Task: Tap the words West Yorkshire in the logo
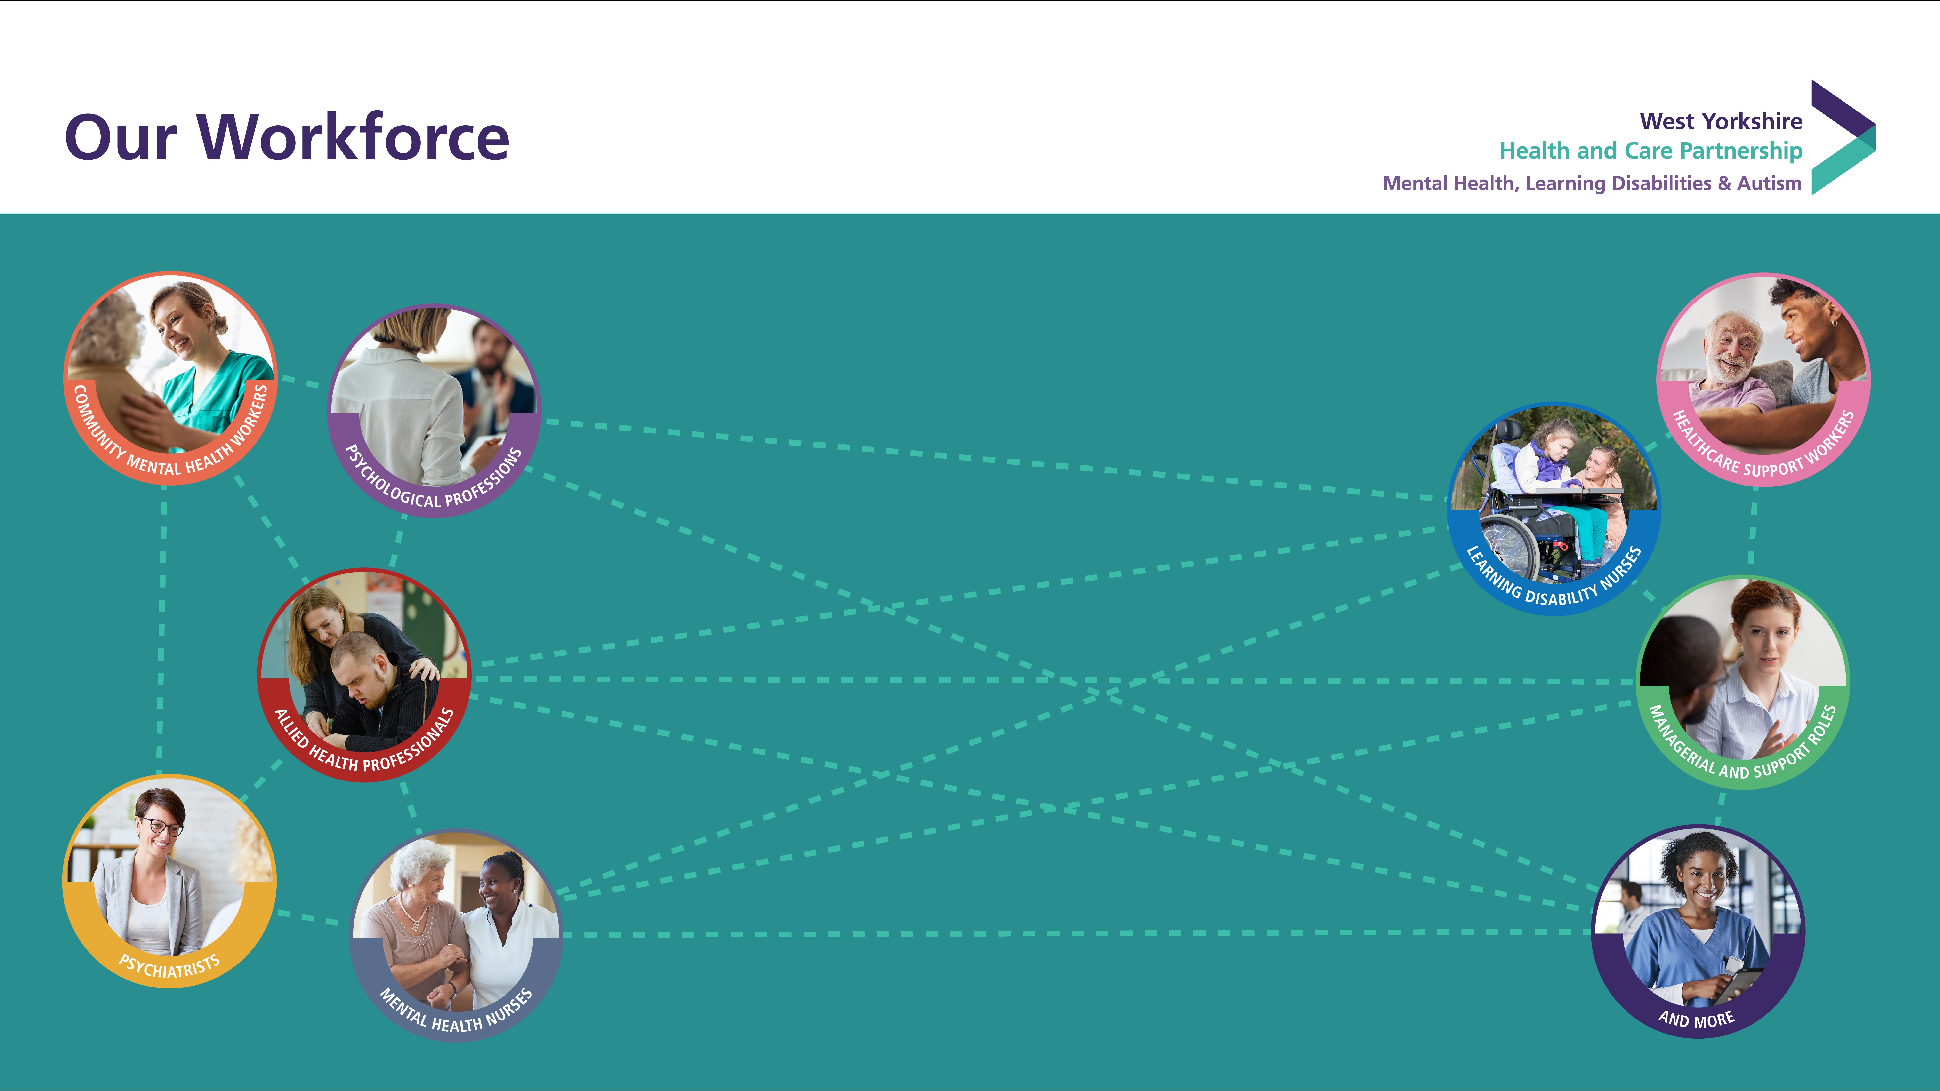click(1721, 121)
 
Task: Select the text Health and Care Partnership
click(1651, 151)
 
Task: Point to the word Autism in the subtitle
click(1769, 183)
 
